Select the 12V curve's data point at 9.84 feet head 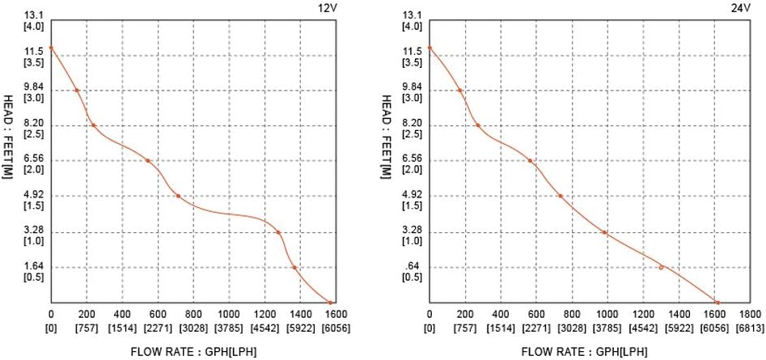click(77, 90)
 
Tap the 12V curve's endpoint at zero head click(330, 303)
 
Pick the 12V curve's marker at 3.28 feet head click(278, 233)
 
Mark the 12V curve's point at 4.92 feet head click(178, 197)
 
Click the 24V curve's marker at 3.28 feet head click(604, 233)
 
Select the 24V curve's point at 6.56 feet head click(531, 161)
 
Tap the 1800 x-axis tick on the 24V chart click(751, 314)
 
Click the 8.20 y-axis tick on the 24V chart click(412, 123)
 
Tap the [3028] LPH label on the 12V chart click(193, 329)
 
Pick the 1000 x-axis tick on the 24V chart click(607, 314)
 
